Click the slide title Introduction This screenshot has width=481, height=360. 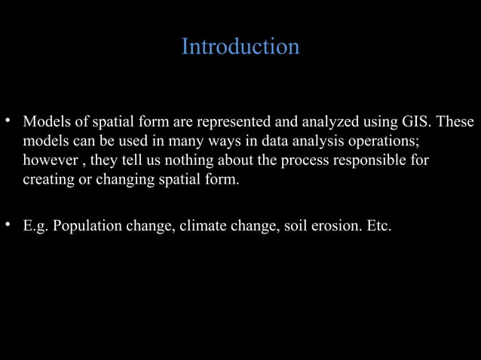240,47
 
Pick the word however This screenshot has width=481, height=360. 49,161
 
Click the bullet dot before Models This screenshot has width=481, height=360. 8,121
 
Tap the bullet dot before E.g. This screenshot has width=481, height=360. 8,224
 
